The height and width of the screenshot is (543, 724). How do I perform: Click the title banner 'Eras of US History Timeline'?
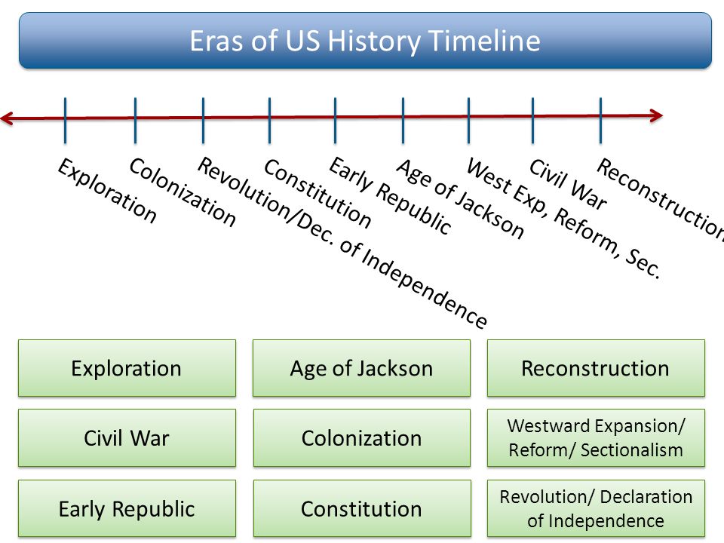365,41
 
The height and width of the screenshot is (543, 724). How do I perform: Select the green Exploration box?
127,368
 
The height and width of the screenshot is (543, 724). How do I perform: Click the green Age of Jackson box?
361,368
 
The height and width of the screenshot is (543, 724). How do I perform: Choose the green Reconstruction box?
596,368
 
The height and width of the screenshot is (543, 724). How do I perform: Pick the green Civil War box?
127,438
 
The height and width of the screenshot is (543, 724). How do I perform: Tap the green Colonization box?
361,438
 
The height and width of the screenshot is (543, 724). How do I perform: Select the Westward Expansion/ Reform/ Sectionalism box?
596,438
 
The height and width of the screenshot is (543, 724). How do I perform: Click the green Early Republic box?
127,508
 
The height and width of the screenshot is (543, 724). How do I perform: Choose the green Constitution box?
361,508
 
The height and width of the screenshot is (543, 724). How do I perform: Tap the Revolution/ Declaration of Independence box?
596,508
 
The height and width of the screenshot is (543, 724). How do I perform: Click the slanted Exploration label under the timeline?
107,191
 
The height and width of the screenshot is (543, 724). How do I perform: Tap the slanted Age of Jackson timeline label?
460,199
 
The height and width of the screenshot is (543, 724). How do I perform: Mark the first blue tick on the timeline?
66,120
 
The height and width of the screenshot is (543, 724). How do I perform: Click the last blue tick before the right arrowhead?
600,120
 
